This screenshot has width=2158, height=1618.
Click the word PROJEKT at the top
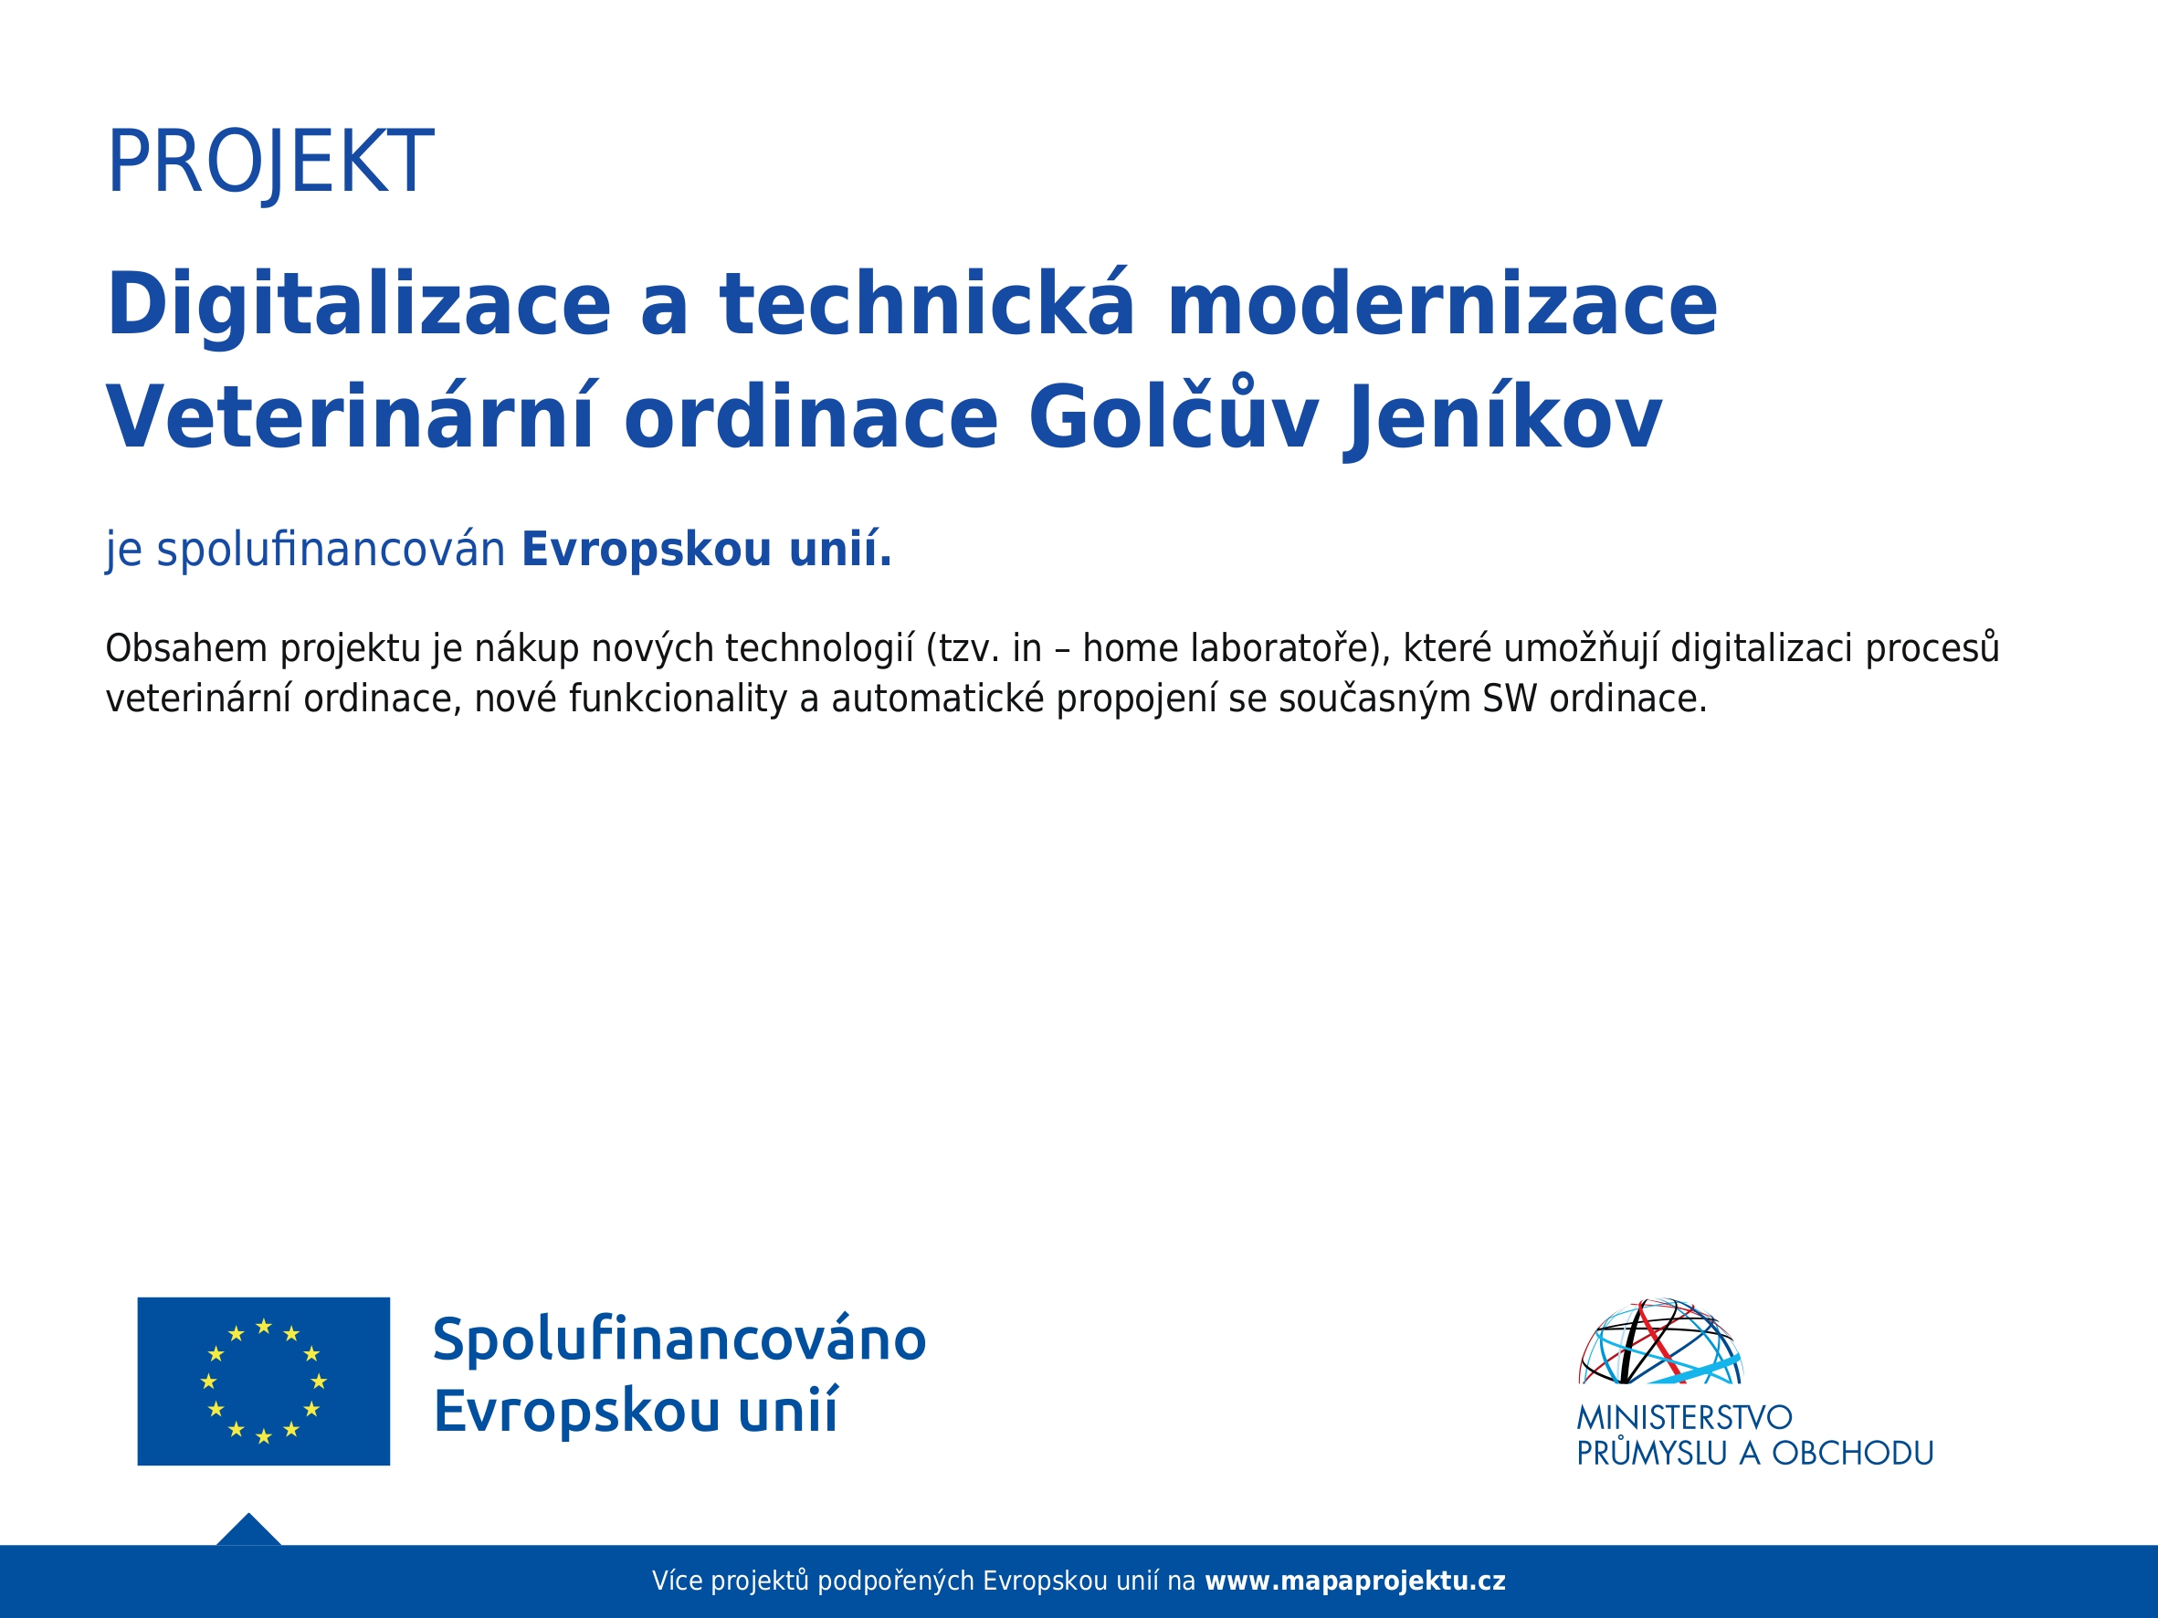270,163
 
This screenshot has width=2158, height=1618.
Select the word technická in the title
928,303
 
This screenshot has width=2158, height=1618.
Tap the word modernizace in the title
1442,304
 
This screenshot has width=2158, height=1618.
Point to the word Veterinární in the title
351,416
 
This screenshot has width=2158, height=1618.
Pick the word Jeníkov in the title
1503,419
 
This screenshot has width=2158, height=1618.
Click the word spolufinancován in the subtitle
331,550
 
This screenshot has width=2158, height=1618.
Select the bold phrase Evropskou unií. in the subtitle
707,549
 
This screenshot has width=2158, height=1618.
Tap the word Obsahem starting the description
186,648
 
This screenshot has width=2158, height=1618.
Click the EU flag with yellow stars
263,1381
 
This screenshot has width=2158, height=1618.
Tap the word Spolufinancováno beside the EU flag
679,1340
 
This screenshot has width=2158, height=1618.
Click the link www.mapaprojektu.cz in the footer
1355,1581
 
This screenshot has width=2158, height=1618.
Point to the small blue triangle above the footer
248,1531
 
